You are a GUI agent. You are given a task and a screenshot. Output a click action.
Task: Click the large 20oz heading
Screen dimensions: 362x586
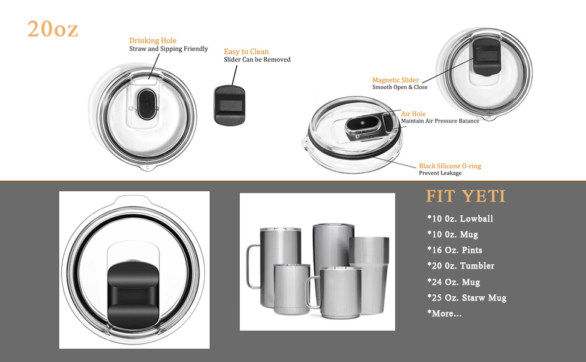point(53,29)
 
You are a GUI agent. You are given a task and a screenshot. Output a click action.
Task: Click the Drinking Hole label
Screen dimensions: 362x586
point(153,40)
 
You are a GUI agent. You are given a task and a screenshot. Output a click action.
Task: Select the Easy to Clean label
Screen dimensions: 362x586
point(246,51)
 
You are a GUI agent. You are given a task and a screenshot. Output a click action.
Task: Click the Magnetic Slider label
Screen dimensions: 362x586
point(395,80)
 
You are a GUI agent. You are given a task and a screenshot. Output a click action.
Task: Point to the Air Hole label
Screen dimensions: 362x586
point(413,113)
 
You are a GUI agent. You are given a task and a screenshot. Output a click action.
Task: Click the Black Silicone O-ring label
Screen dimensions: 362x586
point(450,165)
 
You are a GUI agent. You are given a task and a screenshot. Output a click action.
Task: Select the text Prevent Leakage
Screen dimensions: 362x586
point(440,173)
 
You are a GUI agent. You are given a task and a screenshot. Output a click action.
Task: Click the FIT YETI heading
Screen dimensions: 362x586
point(465,196)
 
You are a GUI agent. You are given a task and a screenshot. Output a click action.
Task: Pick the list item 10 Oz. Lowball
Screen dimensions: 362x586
point(460,218)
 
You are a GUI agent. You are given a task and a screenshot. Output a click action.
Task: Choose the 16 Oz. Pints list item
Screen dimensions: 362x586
point(454,250)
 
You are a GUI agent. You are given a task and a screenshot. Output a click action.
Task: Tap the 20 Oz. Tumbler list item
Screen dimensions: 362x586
point(460,265)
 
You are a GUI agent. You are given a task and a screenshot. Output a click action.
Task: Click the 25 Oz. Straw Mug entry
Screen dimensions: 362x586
point(466,297)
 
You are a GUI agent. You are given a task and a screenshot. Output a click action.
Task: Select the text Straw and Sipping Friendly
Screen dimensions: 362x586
point(168,49)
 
